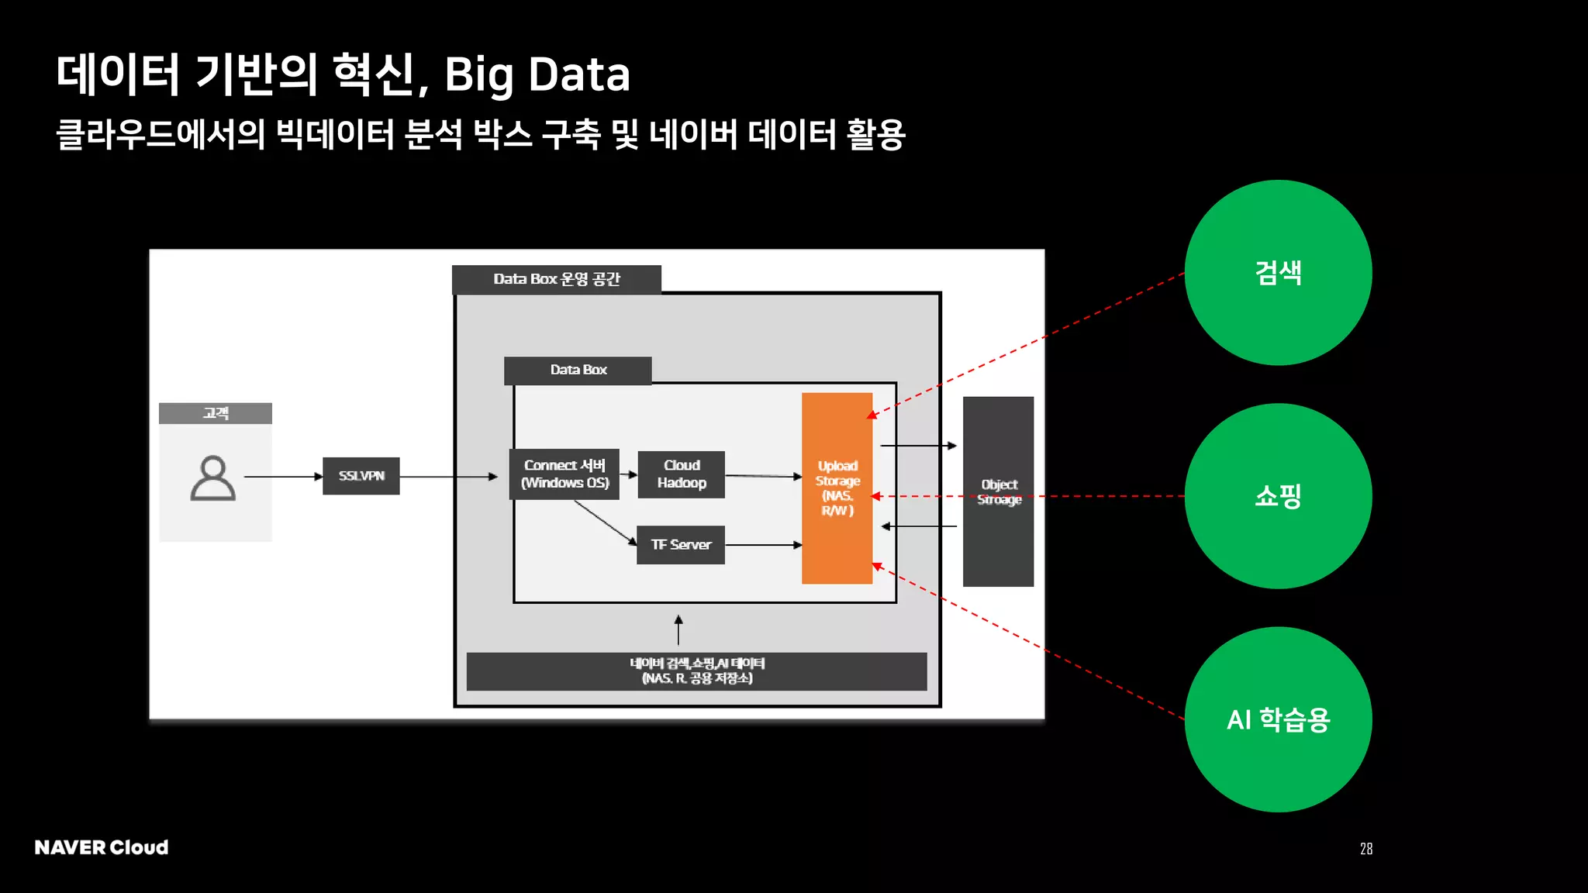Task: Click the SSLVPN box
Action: (361, 476)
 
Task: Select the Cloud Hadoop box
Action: (682, 474)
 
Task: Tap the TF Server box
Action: (681, 545)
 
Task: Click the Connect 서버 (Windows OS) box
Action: (564, 474)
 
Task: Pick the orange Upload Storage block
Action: (837, 488)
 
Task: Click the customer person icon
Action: (213, 478)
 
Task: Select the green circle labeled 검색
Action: (1278, 273)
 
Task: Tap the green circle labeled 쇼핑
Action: (1278, 496)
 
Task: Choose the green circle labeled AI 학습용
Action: (1278, 719)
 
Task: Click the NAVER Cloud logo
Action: (102, 847)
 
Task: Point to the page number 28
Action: (1366, 849)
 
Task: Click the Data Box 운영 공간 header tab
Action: (557, 280)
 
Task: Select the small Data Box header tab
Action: (578, 371)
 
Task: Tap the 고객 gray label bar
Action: (216, 413)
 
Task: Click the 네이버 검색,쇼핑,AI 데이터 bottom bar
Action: (696, 671)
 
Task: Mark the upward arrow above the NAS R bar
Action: (678, 630)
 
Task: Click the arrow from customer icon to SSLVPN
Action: (283, 477)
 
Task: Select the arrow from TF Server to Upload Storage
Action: (763, 545)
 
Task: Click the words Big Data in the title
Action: (537, 75)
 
